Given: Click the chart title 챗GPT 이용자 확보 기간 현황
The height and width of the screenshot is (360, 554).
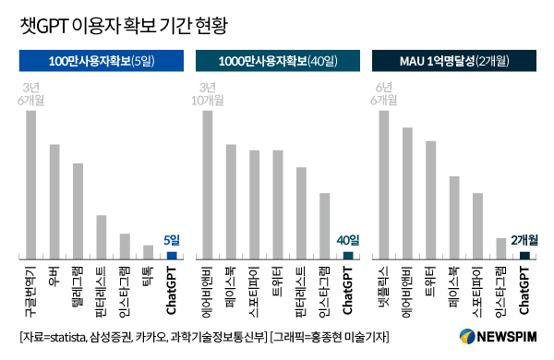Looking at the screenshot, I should pyautogui.click(x=135, y=25).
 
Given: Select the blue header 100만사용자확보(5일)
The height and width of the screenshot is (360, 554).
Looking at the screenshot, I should pyautogui.click(x=102, y=62).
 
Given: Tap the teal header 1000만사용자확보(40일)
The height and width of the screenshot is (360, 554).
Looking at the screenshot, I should pyautogui.click(x=278, y=62).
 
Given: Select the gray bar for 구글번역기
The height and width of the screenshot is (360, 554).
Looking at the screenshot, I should pyautogui.click(x=30, y=184).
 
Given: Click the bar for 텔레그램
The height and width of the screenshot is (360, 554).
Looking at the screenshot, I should pyautogui.click(x=78, y=210).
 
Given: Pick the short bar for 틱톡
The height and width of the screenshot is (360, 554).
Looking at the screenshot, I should pyautogui.click(x=148, y=251).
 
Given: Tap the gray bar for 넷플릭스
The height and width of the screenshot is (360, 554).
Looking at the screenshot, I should pyautogui.click(x=384, y=184).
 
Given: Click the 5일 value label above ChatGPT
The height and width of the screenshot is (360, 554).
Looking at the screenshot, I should pyautogui.click(x=172, y=241).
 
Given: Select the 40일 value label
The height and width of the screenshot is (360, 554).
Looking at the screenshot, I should pyautogui.click(x=348, y=241).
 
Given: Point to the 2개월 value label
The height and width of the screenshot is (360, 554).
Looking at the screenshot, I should pyautogui.click(x=524, y=241).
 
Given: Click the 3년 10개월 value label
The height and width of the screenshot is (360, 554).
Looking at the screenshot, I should pyautogui.click(x=208, y=93).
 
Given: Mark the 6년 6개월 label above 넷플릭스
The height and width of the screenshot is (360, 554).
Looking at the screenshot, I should pyautogui.click(x=384, y=93).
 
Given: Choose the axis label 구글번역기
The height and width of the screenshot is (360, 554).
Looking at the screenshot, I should pyautogui.click(x=30, y=289).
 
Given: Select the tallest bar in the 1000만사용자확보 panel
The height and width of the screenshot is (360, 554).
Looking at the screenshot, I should pyautogui.click(x=208, y=184).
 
